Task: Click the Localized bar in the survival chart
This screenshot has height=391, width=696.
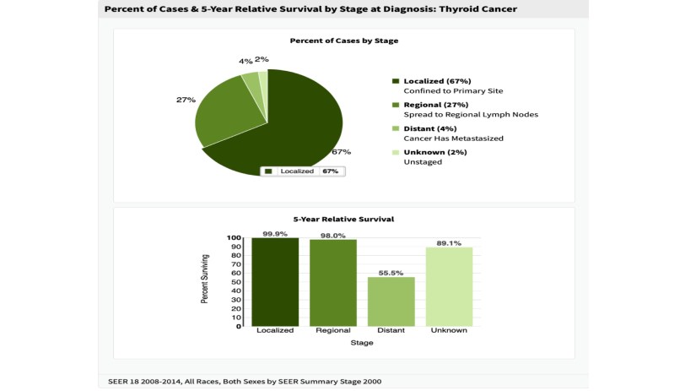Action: coord(275,282)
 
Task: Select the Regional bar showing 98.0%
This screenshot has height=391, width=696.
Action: coord(333,283)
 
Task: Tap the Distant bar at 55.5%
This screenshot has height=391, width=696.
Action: coord(391,301)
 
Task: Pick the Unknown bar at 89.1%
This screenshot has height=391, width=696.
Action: coord(449,286)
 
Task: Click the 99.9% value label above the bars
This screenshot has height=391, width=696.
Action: coord(274,234)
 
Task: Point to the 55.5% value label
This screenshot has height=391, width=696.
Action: coord(391,272)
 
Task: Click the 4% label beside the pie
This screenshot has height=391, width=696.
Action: coord(245,62)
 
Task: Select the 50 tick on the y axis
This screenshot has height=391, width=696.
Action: coord(235,282)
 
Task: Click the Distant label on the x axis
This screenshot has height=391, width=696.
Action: coord(391,330)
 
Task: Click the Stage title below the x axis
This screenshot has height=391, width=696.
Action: coord(361,343)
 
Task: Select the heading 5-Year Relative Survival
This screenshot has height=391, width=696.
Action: coord(344,219)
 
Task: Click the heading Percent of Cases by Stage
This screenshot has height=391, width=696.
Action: coord(344,41)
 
